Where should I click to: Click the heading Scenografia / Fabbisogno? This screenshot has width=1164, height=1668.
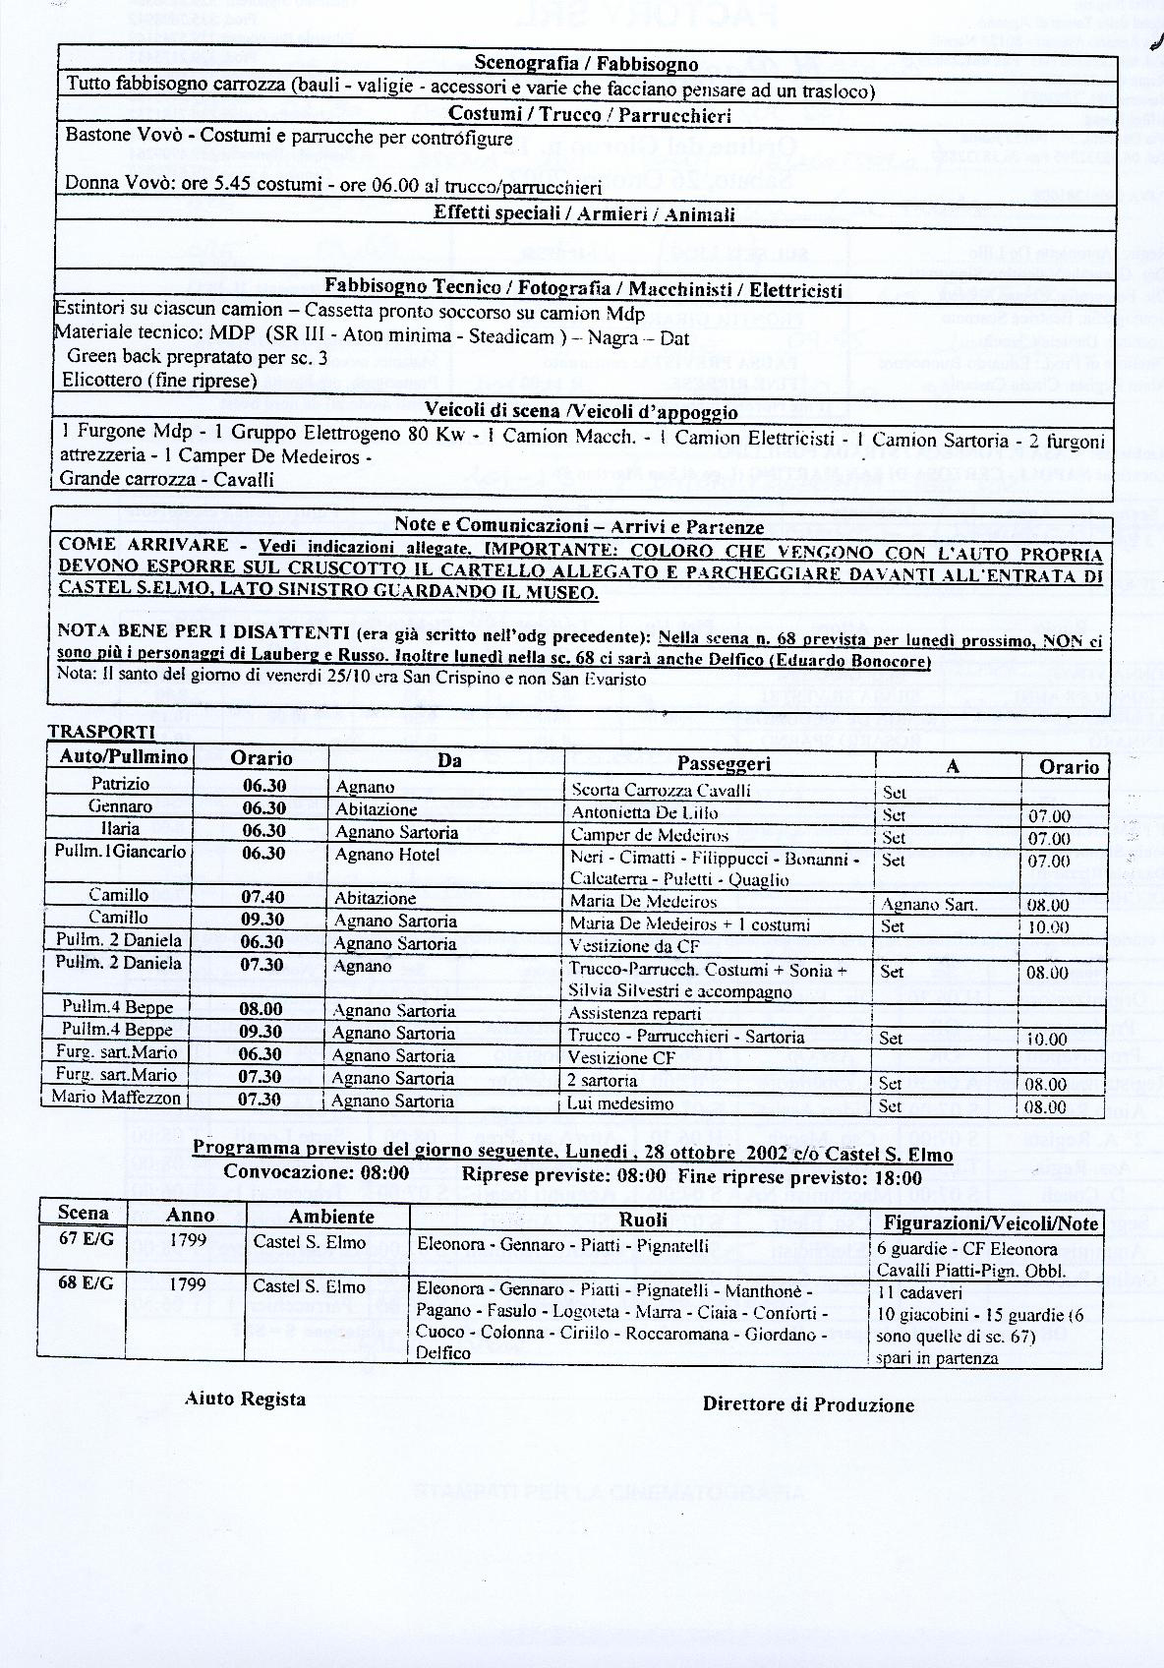586,64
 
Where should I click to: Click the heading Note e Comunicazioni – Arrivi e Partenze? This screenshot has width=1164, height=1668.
579,526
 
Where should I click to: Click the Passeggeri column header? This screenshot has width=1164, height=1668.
724,763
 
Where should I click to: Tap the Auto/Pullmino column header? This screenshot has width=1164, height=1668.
120,757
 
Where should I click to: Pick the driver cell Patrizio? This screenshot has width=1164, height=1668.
120,784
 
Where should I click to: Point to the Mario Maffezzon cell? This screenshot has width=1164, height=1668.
116,1097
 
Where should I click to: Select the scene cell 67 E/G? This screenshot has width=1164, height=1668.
86,1239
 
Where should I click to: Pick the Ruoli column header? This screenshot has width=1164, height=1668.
643,1220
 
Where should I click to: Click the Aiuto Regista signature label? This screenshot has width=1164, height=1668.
245,1399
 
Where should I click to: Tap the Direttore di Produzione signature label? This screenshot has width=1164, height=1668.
808,1404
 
